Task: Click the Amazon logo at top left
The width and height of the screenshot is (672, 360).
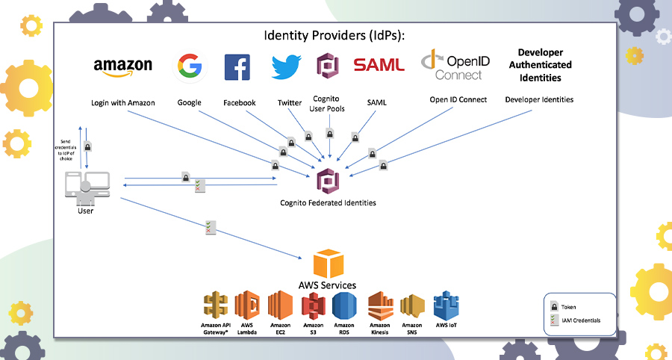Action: (123, 66)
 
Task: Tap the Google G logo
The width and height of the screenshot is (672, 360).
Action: (190, 66)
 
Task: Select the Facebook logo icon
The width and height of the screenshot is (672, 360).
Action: (237, 67)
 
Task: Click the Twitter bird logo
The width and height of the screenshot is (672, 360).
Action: (285, 66)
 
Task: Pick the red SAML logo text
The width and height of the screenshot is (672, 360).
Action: (379, 66)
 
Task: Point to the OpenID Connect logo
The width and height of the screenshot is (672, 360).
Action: (455, 65)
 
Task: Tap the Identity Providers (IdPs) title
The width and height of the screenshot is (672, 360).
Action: (333, 35)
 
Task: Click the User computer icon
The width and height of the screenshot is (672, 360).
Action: (86, 187)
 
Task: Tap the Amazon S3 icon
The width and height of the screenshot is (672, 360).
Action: (313, 306)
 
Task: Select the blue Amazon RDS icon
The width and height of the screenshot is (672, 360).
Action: (345, 306)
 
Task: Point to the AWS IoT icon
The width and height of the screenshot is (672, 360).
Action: (446, 306)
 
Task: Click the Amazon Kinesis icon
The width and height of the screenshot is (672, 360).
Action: (380, 306)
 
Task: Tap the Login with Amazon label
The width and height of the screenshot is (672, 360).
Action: (123, 102)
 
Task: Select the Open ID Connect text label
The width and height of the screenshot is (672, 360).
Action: (458, 99)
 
